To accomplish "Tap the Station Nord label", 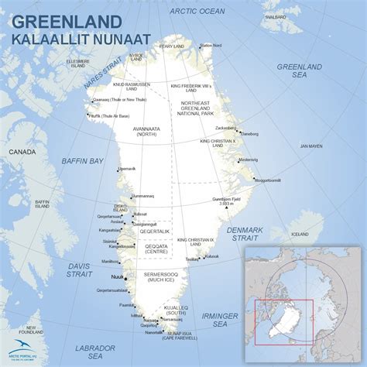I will pos(211,46).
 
